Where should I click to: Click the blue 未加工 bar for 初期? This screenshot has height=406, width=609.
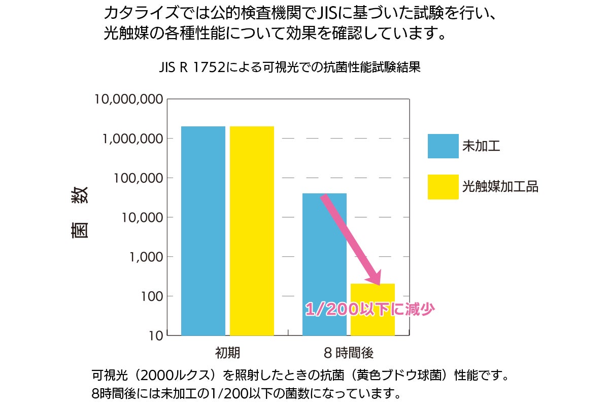(203, 231)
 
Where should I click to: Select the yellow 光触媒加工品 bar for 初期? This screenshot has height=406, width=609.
(252, 231)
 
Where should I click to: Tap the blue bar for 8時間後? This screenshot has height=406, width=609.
(324, 264)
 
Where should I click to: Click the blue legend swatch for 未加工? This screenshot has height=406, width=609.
(443, 146)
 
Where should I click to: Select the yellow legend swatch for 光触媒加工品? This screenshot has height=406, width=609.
(443, 187)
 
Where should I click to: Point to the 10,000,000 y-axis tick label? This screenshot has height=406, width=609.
(129, 99)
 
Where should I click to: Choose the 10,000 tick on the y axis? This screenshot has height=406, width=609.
(139, 218)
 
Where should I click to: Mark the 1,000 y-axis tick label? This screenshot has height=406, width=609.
(143, 257)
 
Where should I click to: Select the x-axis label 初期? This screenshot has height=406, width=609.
(227, 353)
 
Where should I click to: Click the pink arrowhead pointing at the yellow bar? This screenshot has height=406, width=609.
(374, 278)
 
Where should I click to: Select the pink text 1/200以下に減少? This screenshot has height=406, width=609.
(370, 310)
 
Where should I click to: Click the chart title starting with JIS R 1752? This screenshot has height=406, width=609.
(290, 67)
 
